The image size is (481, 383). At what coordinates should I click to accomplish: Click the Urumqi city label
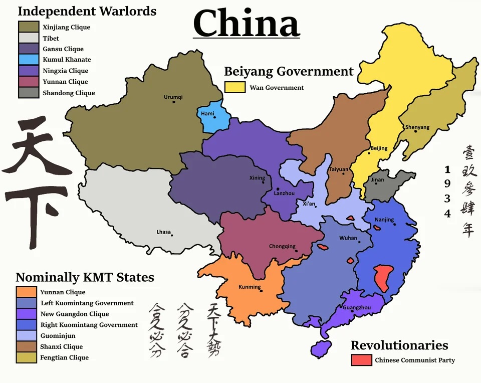pyautogui.click(x=173, y=97)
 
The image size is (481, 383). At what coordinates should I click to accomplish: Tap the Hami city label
pyautogui.click(x=207, y=114)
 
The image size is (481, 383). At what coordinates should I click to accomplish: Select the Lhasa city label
pyautogui.click(x=164, y=232)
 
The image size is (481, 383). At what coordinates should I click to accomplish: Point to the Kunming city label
pyautogui.click(x=250, y=287)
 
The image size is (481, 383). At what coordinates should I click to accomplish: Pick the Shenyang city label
pyautogui.click(x=417, y=127)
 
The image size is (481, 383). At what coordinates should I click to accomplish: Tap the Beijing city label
pyautogui.click(x=379, y=148)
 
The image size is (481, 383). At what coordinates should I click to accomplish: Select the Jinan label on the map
pyautogui.click(x=377, y=179)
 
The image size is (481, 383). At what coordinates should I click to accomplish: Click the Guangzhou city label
pyautogui.click(x=357, y=307)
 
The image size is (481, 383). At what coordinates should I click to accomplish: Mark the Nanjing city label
pyautogui.click(x=384, y=220)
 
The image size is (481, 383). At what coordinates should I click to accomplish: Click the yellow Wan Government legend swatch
pyautogui.click(x=234, y=87)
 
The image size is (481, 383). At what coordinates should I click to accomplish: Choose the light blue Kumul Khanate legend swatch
pyautogui.click(x=29, y=60)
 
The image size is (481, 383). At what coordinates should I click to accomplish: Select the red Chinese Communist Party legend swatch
pyautogui.click(x=361, y=360)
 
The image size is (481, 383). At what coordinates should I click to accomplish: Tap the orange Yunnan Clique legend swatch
pyautogui.click(x=26, y=292)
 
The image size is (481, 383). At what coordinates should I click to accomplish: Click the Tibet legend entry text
pyautogui.click(x=51, y=38)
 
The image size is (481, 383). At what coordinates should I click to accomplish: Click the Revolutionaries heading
pyautogui.click(x=399, y=345)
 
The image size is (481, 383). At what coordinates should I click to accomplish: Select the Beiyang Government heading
pyautogui.click(x=289, y=71)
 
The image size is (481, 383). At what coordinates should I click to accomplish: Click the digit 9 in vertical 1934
pyautogui.click(x=447, y=183)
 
